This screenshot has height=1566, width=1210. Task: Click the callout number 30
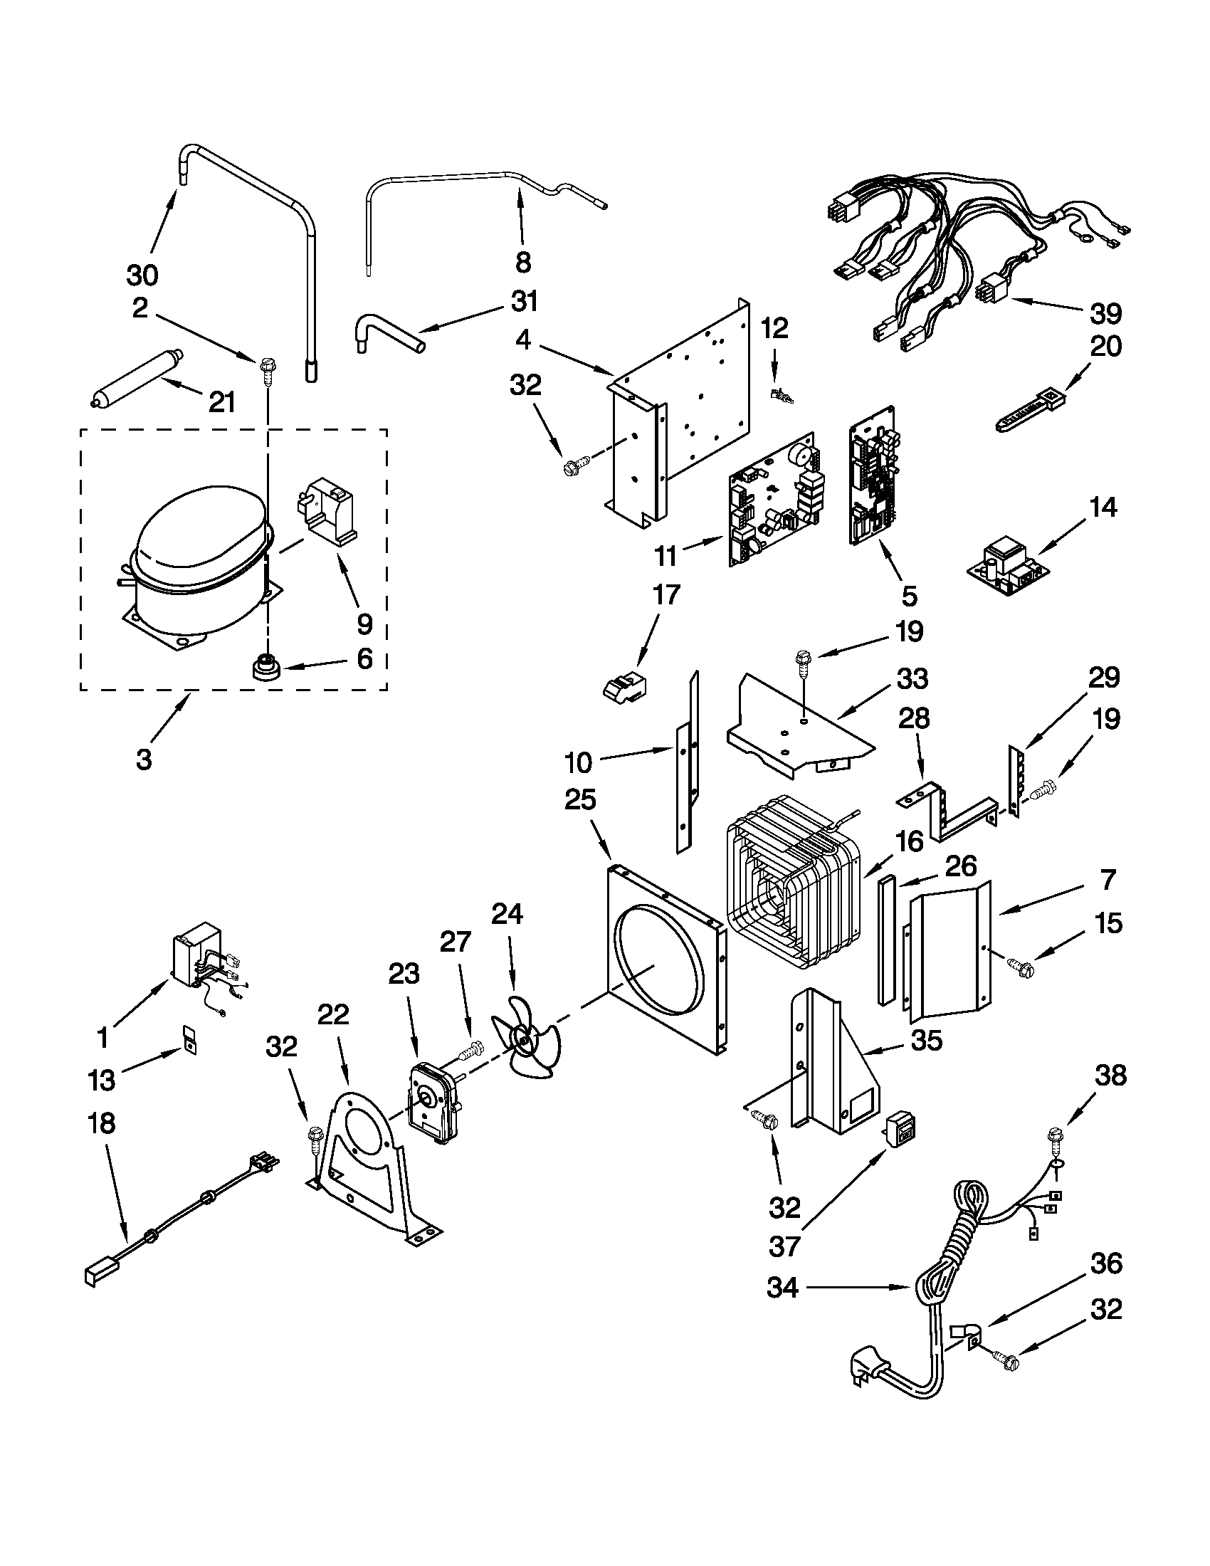pyautogui.click(x=142, y=275)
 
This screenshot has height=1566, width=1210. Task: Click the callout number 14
pyautogui.click(x=1103, y=508)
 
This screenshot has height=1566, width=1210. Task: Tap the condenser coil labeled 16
pyautogui.click(x=792, y=882)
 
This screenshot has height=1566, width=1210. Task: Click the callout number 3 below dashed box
pyautogui.click(x=144, y=760)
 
